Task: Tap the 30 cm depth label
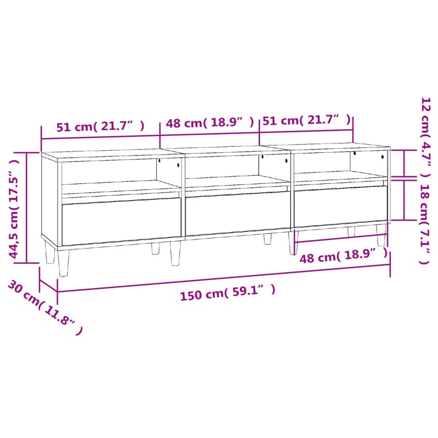click(45, 307)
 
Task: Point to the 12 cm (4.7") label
click(426, 137)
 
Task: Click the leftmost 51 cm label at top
click(101, 126)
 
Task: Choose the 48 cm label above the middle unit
click(210, 122)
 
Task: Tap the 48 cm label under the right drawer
click(344, 256)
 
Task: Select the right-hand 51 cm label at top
click(307, 120)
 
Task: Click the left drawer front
click(121, 221)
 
